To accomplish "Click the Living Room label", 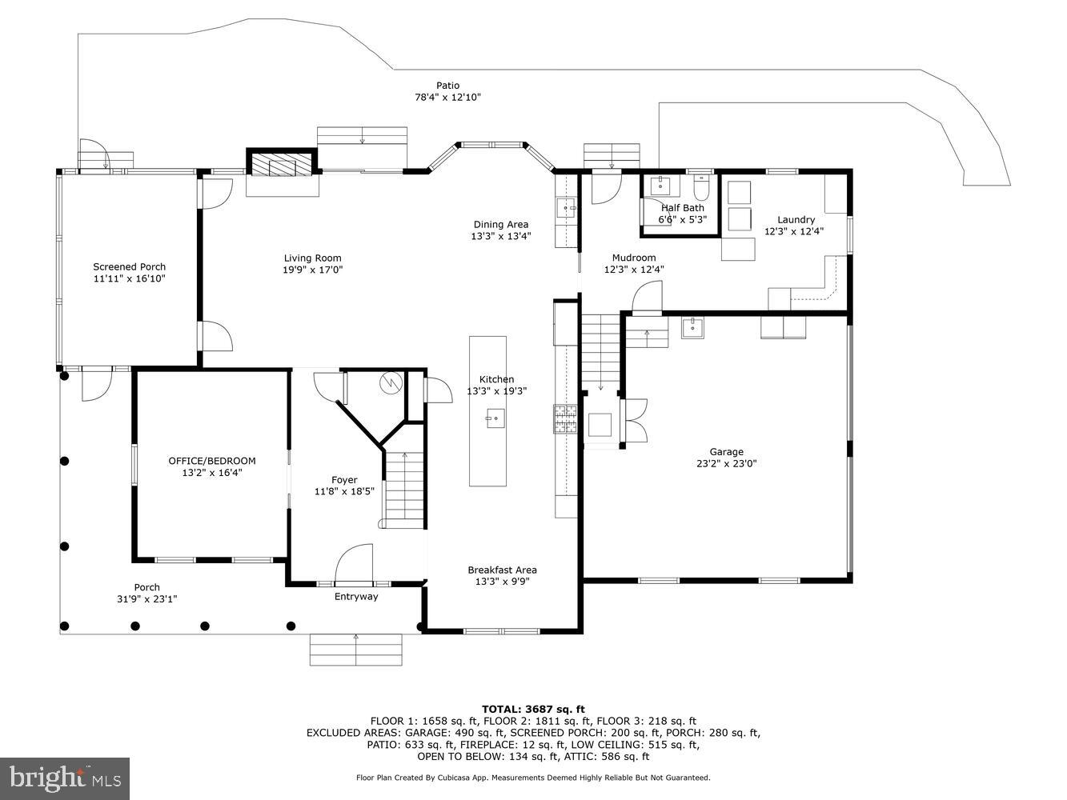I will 312,258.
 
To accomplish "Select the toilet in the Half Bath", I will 702,189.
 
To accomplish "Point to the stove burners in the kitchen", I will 565,419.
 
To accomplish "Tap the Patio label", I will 447,86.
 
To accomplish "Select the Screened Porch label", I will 129,267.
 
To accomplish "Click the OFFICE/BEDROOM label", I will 212,461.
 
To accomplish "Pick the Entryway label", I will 356,597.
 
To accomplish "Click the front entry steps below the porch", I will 356,649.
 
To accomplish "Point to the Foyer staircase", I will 405,488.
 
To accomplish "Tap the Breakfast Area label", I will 502,570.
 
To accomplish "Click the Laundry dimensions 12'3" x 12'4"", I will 794,231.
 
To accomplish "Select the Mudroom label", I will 634,258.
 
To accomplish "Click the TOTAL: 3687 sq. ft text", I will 533,709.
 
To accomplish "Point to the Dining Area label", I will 500,225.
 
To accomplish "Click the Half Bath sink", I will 660,186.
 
